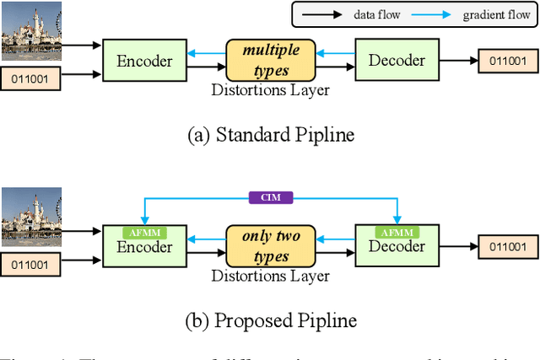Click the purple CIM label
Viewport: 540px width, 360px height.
(x=270, y=197)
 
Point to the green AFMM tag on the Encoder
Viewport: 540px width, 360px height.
(x=144, y=231)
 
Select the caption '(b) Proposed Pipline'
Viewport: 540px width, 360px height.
(x=269, y=320)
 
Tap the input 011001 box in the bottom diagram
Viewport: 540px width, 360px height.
(x=28, y=266)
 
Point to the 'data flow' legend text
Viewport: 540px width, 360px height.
(x=377, y=14)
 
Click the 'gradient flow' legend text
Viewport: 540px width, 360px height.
(x=483, y=14)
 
